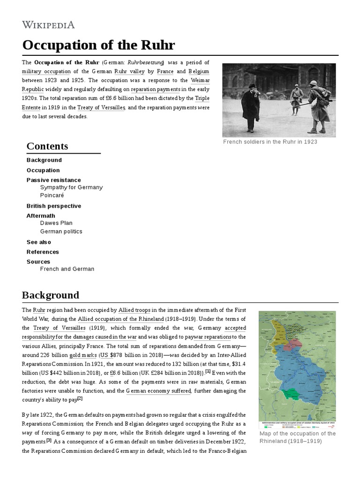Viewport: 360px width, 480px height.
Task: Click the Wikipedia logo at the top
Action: pyautogui.click(x=48, y=25)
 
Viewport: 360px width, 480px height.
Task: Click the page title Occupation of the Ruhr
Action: pyautogui.click(x=98, y=45)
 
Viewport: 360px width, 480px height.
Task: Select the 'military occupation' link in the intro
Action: pyautogui.click(x=46, y=71)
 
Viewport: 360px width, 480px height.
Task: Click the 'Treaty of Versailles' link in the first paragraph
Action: pyautogui.click(x=101, y=107)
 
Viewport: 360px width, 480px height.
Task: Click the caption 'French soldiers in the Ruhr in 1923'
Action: pyautogui.click(x=270, y=142)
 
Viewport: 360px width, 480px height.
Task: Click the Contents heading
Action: pyautogui.click(x=47, y=146)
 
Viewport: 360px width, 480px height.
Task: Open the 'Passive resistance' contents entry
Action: pyautogui.click(x=53, y=180)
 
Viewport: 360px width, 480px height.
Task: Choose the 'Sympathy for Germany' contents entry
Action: pyautogui.click(x=71, y=187)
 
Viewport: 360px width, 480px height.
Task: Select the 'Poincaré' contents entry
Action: pyautogui.click(x=52, y=195)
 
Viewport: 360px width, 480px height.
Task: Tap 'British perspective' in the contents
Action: pyautogui.click(x=53, y=206)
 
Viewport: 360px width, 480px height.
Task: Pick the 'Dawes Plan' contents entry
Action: pyautogui.click(x=56, y=223)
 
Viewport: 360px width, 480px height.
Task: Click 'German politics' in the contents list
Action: pyautogui.click(x=61, y=232)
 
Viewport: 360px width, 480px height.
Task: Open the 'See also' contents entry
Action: pyautogui.click(x=39, y=242)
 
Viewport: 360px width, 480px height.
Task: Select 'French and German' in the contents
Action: pyautogui.click(x=67, y=269)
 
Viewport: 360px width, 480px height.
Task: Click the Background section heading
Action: pyautogui.click(x=51, y=295)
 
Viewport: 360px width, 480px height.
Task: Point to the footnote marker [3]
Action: pyautogui.click(x=49, y=441)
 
